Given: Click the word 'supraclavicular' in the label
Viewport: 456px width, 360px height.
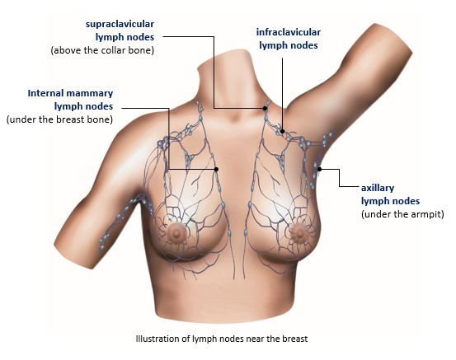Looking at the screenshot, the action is pyautogui.click(x=120, y=24).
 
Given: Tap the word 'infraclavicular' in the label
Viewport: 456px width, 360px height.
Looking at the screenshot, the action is pyautogui.click(x=289, y=32).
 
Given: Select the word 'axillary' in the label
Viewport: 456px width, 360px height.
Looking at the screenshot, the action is pyautogui.click(x=378, y=189).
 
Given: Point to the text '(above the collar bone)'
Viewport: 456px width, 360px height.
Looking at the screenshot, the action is pyautogui.click(x=102, y=50).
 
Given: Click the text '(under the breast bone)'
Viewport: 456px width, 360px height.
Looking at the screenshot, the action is pyautogui.click(x=59, y=119).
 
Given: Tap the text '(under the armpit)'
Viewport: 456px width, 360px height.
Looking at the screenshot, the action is pyautogui.click(x=402, y=214).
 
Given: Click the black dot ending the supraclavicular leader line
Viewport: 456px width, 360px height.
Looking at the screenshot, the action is pyautogui.click(x=265, y=109).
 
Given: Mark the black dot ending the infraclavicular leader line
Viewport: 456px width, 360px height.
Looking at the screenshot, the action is pyautogui.click(x=282, y=131).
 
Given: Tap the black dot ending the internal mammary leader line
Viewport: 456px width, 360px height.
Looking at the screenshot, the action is pyautogui.click(x=216, y=169).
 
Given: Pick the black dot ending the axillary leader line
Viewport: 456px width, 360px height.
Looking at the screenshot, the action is pyautogui.click(x=320, y=169).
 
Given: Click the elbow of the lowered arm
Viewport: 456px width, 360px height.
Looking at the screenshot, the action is pyautogui.click(x=73, y=250).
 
